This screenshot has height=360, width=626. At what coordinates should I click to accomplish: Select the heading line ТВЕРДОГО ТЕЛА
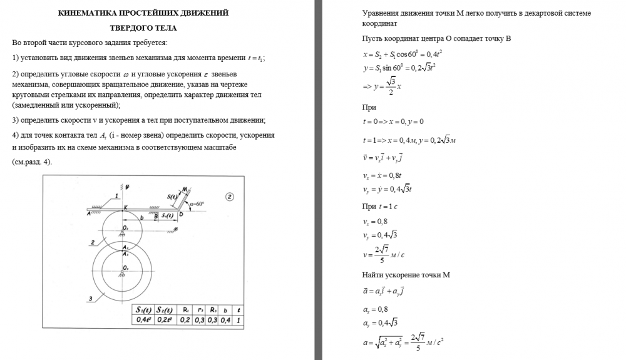pos(143,28)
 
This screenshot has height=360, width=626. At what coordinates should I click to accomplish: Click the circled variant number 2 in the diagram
pos(230,196)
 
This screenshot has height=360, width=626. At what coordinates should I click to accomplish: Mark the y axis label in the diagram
pos(127,186)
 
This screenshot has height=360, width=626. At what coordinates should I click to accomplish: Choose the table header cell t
pos(239,309)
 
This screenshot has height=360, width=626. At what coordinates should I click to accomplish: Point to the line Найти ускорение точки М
pos(406,275)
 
